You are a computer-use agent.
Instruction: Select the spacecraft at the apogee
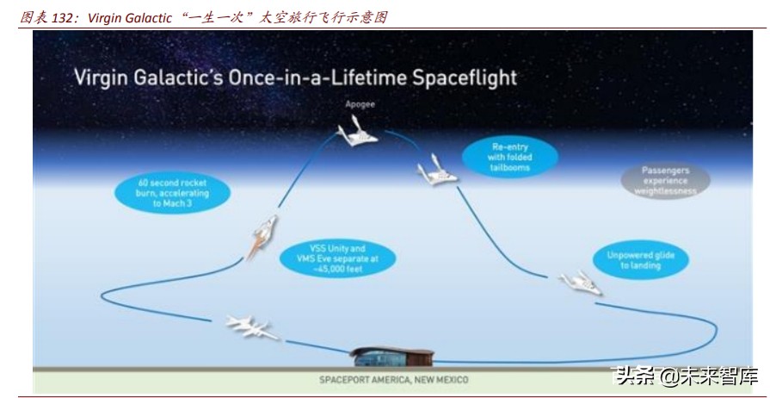pyautogui.click(x=359, y=133)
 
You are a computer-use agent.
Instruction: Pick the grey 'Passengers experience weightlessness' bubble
pyautogui.click(x=665, y=181)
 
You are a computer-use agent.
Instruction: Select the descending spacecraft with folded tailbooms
pyautogui.click(x=435, y=172)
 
